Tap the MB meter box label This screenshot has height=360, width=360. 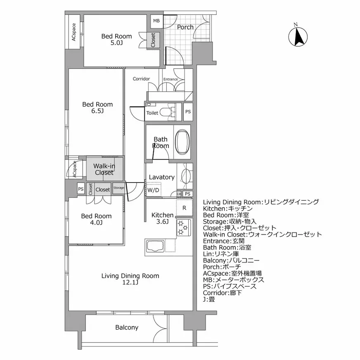coord(156,21)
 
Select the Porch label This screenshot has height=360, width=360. coord(185,27)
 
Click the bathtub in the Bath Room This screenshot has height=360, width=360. coord(183,142)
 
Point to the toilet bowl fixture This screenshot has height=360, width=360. coord(167,112)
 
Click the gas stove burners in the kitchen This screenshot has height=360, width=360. coord(183,227)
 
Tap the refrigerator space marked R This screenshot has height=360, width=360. coord(184,208)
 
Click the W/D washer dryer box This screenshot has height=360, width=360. coord(153,189)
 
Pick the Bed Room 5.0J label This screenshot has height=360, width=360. coord(117,39)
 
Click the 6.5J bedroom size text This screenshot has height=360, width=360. coord(97,111)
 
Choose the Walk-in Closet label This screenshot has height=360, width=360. coord(104,169)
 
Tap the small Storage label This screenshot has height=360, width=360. coord(119,187)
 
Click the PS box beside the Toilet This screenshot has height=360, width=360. coord(188,112)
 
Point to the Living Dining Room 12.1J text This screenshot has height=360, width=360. coord(130,279)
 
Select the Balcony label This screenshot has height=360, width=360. coord(127,327)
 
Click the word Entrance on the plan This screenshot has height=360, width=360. coord(171,79)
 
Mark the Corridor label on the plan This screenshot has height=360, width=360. coord(141,79)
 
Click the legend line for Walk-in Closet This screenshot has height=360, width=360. coord(263,234)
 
